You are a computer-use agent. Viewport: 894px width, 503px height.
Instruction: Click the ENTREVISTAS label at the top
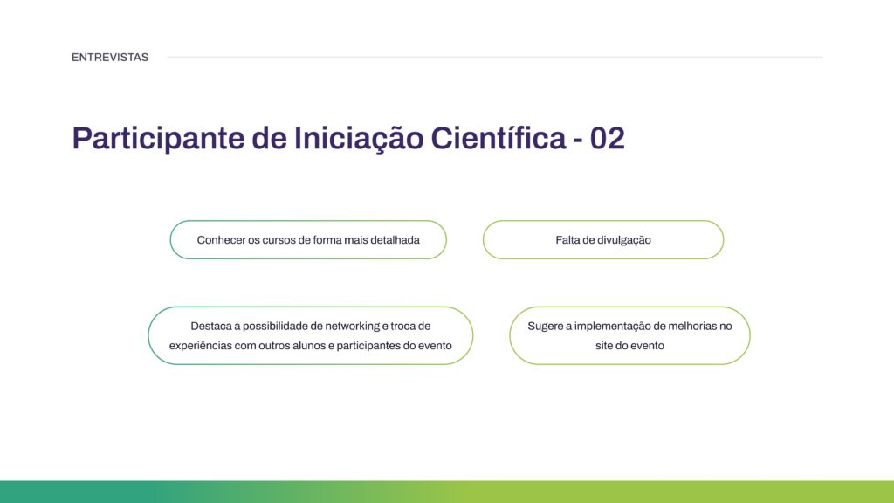[x=110, y=58]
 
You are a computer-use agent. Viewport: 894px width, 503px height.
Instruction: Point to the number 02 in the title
[x=608, y=138]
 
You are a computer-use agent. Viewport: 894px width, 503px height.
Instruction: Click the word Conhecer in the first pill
[x=221, y=240]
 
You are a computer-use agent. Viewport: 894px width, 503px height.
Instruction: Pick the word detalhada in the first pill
[x=395, y=240]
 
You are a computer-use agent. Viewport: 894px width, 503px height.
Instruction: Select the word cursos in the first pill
[x=280, y=240]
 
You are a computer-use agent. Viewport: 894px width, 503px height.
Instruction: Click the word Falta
[x=569, y=240]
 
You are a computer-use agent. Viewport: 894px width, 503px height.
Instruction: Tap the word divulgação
[x=624, y=240]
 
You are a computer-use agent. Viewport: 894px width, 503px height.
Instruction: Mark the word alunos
[x=301, y=346]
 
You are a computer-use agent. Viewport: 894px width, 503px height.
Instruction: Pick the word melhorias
[x=693, y=326]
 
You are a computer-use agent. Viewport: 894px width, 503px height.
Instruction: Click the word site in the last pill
[x=604, y=346]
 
